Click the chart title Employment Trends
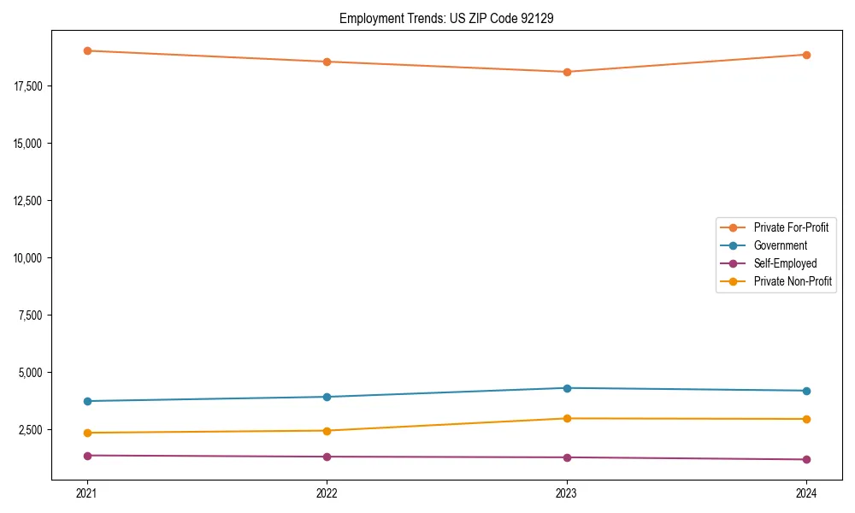click(446, 18)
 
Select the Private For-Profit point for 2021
click(87, 50)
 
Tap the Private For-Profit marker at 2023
click(567, 72)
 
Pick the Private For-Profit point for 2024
click(806, 55)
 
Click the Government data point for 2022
click(327, 397)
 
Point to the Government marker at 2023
click(567, 388)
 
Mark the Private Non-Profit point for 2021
click(87, 433)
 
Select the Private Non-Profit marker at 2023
click(567, 418)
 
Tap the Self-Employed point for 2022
click(327, 457)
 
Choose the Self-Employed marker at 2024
click(806, 459)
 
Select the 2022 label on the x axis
click(327, 492)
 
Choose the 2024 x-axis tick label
click(806, 492)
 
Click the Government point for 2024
click(806, 391)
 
